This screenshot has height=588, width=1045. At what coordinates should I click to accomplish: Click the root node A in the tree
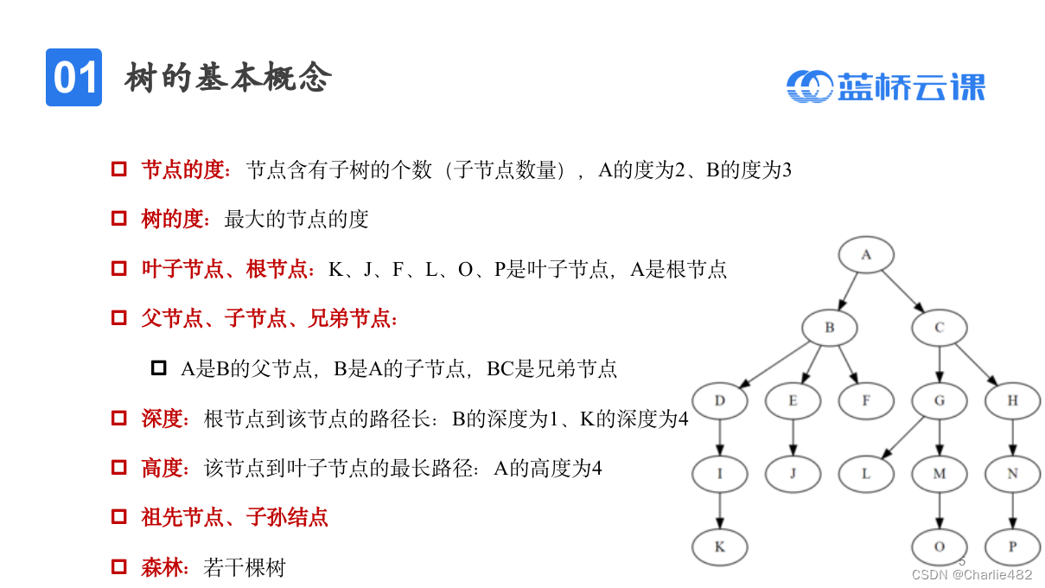pos(865,255)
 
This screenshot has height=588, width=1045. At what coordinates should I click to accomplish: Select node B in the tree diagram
pos(829,328)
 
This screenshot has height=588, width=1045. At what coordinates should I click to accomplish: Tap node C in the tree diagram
pos(939,328)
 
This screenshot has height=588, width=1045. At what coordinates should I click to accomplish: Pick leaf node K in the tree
pos(719,546)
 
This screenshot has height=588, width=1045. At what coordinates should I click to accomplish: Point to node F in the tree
pos(866,400)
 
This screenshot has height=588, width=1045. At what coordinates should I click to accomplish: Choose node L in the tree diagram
pos(866,474)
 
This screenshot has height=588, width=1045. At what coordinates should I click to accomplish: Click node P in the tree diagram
pos(1012,546)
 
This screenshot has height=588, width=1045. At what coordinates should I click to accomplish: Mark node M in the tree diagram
pos(939,474)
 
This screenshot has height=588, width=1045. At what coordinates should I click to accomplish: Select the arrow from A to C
pos(902,291)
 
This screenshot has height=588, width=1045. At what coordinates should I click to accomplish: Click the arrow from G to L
pos(902,438)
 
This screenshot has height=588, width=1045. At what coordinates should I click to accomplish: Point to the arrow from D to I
pos(719,437)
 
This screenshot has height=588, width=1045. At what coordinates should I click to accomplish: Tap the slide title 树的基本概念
pos(228,78)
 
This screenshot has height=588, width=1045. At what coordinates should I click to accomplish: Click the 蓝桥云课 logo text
pos(911,86)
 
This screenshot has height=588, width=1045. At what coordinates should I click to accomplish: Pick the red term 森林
pos(164,567)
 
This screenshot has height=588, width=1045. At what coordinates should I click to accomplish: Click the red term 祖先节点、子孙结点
pos(234,518)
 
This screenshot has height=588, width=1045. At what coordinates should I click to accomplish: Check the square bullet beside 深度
pos(119,419)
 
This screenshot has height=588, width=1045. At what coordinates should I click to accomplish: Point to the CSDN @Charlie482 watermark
pos(972,575)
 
